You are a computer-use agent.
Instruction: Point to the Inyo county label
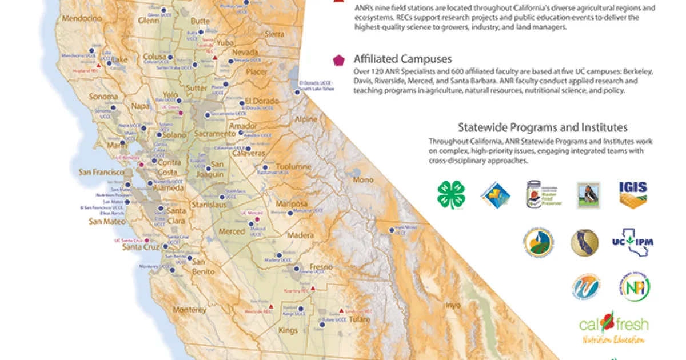coord(452,305)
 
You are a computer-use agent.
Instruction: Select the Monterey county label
coord(188,310)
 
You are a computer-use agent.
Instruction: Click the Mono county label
coord(363,179)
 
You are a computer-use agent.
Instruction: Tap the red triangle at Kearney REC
coord(312,289)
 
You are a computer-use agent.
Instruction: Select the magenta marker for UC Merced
coord(257,219)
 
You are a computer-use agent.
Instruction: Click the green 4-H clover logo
coord(451,194)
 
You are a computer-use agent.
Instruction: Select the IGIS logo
coord(633,194)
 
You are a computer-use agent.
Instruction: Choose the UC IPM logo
coord(632,242)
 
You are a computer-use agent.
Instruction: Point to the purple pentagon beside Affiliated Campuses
coord(338,60)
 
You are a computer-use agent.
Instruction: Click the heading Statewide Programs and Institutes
coord(543,127)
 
